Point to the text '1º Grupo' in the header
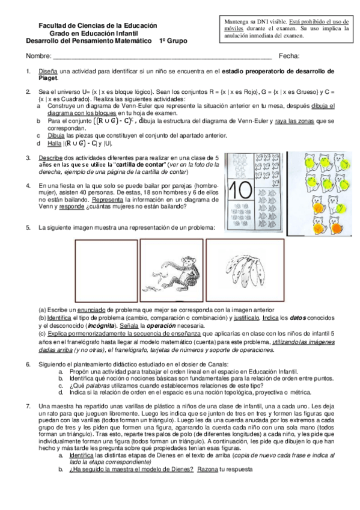(x=173, y=41)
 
